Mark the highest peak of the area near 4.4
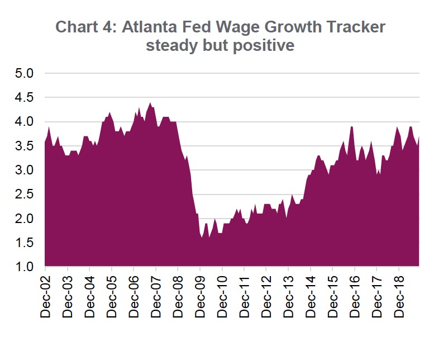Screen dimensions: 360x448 [150, 103]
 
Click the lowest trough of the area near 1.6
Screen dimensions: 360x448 [202, 237]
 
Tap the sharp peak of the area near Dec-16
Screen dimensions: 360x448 [352, 127]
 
